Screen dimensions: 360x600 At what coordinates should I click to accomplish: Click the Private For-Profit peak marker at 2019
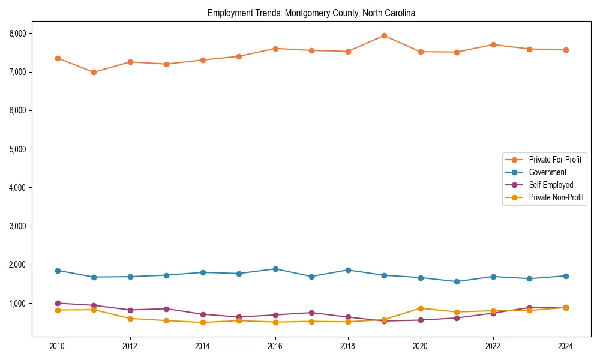pyautogui.click(x=384, y=35)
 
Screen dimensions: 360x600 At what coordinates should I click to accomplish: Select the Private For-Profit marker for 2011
pyautogui.click(x=94, y=73)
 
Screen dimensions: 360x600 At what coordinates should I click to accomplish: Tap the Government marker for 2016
pyautogui.click(x=275, y=269)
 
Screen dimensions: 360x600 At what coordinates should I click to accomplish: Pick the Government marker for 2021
pyautogui.click(x=457, y=281)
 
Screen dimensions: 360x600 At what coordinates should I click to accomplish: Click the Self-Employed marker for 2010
pyautogui.click(x=58, y=303)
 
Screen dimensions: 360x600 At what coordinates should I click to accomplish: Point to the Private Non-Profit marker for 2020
pyautogui.click(x=420, y=308)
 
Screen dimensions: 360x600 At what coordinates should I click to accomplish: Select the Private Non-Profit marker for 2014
pyautogui.click(x=202, y=322)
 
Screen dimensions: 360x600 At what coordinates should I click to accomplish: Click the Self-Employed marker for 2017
pyautogui.click(x=311, y=313)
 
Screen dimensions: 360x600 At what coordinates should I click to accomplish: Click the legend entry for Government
pyautogui.click(x=547, y=172)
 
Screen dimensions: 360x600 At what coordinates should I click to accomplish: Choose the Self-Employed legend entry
pyautogui.click(x=551, y=185)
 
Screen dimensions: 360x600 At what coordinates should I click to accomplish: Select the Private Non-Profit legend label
pyautogui.click(x=556, y=197)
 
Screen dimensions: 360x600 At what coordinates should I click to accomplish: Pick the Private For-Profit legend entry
pyautogui.click(x=555, y=160)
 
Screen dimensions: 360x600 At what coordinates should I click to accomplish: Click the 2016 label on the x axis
pyautogui.click(x=275, y=346)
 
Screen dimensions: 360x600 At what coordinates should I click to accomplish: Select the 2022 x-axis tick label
pyautogui.click(x=493, y=346)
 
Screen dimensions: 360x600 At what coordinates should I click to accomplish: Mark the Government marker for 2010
pyautogui.click(x=58, y=271)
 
